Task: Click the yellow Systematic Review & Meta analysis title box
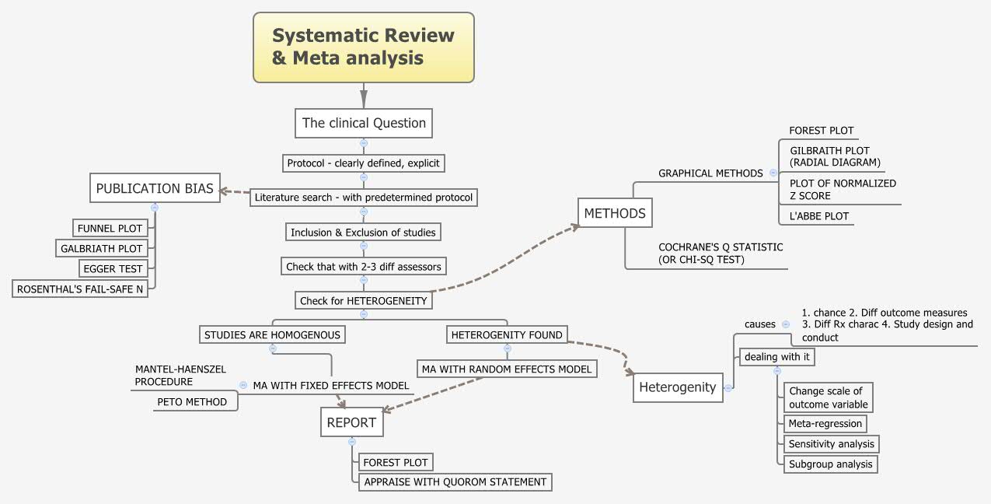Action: coord(363,47)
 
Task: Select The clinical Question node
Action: coord(364,123)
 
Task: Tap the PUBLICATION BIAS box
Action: coord(154,188)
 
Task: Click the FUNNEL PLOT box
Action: coord(110,228)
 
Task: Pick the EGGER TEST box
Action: coord(113,268)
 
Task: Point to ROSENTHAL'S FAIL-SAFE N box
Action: coord(84,289)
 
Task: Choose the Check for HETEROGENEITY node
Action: coord(363,299)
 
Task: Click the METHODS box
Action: coord(615,213)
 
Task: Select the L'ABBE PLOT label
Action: coord(818,216)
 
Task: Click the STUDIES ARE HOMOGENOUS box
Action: coord(272,334)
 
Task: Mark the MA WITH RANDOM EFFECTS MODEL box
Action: coord(507,369)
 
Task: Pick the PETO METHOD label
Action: coord(192,402)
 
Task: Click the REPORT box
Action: coord(351,423)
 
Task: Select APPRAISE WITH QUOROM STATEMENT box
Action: coord(455,482)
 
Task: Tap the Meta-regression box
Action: coord(825,424)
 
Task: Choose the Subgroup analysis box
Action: coord(830,464)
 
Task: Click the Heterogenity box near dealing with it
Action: coord(677,387)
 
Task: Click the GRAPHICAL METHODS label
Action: coord(710,173)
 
